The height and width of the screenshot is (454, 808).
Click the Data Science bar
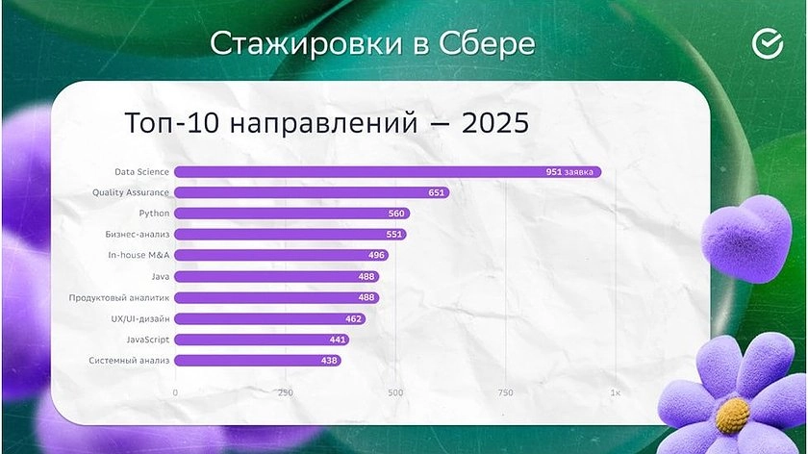pyautogui.click(x=388, y=171)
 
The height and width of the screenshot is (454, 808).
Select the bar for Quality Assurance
pyautogui.click(x=312, y=192)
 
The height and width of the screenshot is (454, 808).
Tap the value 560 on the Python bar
pyautogui.click(x=396, y=214)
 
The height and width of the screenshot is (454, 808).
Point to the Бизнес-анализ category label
pyautogui.click(x=137, y=234)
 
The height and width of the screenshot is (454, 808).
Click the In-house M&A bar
pyautogui.click(x=281, y=255)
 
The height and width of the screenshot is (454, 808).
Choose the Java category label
pyautogui.click(x=161, y=277)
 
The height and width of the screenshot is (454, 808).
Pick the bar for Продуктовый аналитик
pyautogui.click(x=277, y=297)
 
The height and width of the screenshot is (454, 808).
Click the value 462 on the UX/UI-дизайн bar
pyautogui.click(x=354, y=319)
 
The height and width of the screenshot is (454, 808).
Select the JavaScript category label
pyautogui.click(x=148, y=340)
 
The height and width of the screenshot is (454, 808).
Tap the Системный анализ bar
pyautogui.click(x=258, y=360)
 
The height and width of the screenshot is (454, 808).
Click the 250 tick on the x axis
pyautogui.click(x=286, y=392)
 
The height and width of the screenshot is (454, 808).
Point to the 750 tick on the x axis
pyautogui.click(x=506, y=392)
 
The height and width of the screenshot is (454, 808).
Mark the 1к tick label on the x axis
pyautogui.click(x=616, y=392)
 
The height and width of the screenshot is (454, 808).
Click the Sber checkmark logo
pyautogui.click(x=768, y=44)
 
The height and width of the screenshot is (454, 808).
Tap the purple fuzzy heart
pyautogui.click(x=746, y=239)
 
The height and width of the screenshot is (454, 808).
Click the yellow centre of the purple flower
pyautogui.click(x=732, y=416)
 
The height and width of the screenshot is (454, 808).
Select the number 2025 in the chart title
pyautogui.click(x=495, y=123)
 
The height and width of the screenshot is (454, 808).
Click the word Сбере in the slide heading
pyautogui.click(x=487, y=43)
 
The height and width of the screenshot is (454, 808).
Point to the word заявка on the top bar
pyautogui.click(x=579, y=171)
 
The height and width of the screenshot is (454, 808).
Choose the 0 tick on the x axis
pyautogui.click(x=175, y=392)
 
